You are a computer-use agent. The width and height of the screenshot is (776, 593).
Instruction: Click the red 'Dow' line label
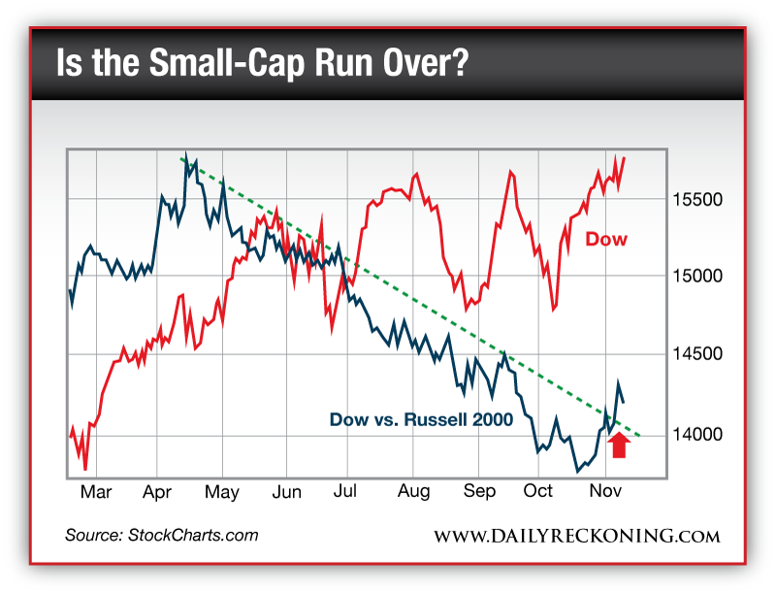click(605, 240)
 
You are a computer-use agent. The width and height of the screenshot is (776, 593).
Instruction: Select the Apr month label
click(157, 492)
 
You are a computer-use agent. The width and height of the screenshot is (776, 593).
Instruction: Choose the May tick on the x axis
click(222, 492)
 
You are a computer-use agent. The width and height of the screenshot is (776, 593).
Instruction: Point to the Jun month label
click(287, 492)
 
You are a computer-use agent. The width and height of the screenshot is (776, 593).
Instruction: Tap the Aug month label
click(414, 492)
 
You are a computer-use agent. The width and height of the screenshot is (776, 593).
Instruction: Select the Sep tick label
click(478, 492)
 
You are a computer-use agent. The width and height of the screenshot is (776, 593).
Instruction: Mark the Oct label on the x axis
click(539, 492)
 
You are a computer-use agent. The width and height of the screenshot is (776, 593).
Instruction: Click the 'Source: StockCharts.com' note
click(162, 535)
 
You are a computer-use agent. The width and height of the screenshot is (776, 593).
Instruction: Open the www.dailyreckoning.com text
click(576, 536)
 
